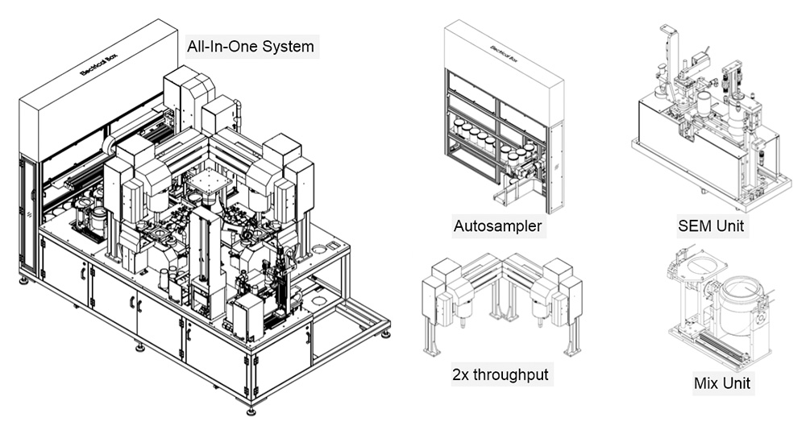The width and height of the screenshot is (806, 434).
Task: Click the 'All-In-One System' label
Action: point(250,46)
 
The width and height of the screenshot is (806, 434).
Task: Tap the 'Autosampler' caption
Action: point(497,226)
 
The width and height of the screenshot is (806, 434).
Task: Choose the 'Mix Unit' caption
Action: point(722,382)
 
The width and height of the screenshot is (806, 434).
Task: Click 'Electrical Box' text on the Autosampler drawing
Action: point(505,53)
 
